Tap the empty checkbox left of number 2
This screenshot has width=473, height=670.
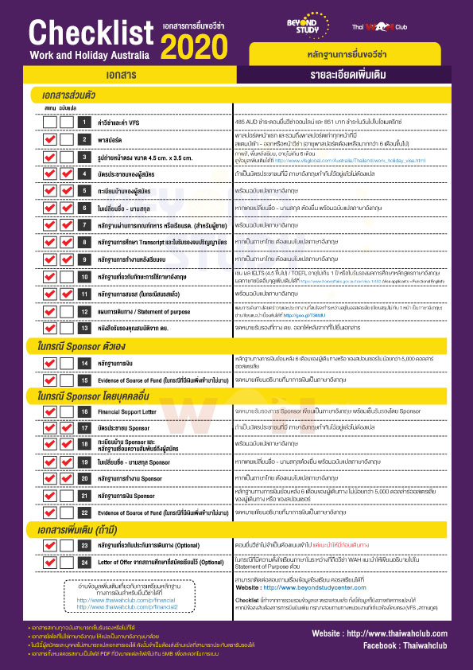coord(48,139)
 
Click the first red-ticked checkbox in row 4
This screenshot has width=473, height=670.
coord(48,174)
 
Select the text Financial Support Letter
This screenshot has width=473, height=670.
coord(132,411)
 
